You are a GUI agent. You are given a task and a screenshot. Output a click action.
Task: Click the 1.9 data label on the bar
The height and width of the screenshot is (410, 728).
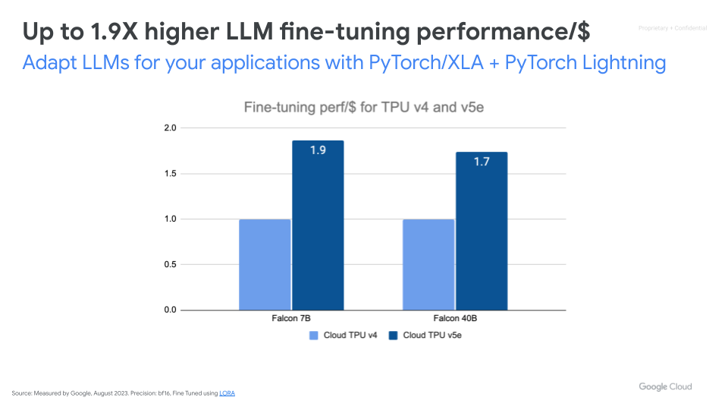[x=318, y=150]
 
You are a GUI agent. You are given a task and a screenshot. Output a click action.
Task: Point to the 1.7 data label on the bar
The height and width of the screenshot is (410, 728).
[x=482, y=162]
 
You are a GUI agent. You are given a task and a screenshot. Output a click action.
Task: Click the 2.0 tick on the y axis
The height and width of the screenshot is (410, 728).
[x=169, y=128]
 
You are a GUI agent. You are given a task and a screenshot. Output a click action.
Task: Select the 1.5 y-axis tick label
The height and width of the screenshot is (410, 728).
[x=169, y=174]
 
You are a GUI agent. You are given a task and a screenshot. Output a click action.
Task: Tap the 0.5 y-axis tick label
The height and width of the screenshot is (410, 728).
[x=169, y=265]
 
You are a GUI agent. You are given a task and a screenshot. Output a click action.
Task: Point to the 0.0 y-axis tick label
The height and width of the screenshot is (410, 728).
[x=169, y=311]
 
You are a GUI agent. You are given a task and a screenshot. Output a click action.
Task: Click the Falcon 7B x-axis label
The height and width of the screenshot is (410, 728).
[x=291, y=319]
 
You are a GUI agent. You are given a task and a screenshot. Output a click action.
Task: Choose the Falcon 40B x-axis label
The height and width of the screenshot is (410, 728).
[x=455, y=319]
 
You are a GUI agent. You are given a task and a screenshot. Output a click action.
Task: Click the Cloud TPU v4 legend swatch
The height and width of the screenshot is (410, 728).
[x=313, y=335]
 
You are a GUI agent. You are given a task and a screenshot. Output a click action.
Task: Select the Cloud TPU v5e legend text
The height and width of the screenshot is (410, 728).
[x=431, y=335]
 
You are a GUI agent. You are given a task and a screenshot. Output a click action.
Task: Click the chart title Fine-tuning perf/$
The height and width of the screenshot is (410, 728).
[x=364, y=108]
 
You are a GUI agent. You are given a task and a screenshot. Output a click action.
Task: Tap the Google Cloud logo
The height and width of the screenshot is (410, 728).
[x=665, y=386]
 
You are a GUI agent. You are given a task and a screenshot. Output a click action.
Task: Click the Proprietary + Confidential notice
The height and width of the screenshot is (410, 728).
[x=673, y=28]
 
